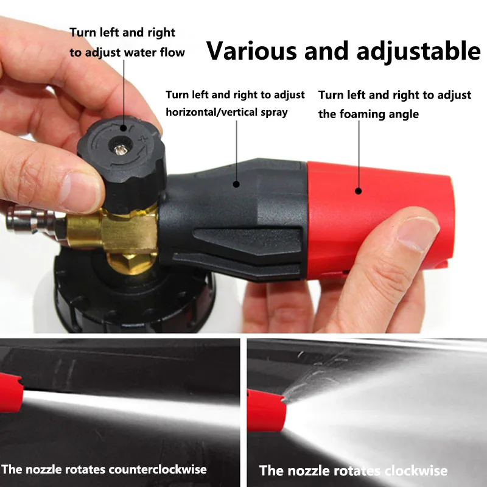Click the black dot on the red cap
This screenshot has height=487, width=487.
[359, 191]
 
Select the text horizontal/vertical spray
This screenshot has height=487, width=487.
[226, 112]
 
